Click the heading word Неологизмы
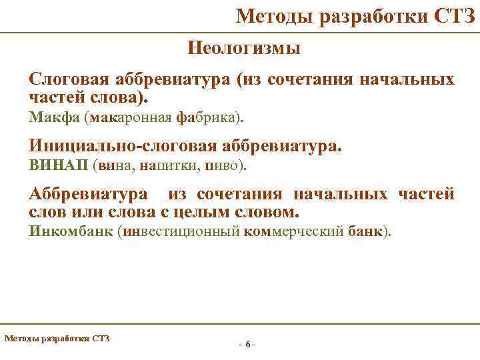pyautogui.click(x=244, y=48)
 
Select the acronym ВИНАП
pyautogui.click(x=59, y=165)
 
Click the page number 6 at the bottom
pyautogui.click(x=247, y=345)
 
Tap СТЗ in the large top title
pyautogui.click(x=454, y=15)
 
